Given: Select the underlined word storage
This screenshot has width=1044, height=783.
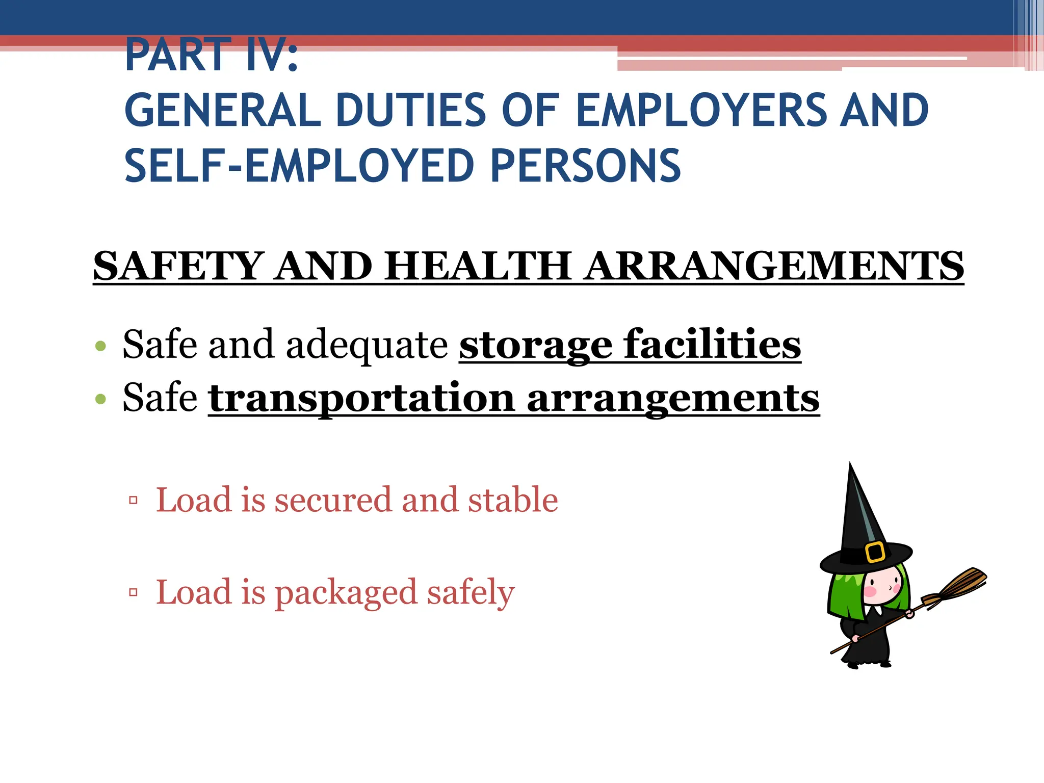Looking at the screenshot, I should click(x=535, y=346).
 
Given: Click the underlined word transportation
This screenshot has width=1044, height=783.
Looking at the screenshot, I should click(x=361, y=398).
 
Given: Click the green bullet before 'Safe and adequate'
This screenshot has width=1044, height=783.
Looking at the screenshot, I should click(x=100, y=346).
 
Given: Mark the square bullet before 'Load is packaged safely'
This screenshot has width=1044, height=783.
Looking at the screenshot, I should click(x=134, y=592).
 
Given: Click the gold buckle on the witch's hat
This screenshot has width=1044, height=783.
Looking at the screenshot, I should click(x=875, y=552).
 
